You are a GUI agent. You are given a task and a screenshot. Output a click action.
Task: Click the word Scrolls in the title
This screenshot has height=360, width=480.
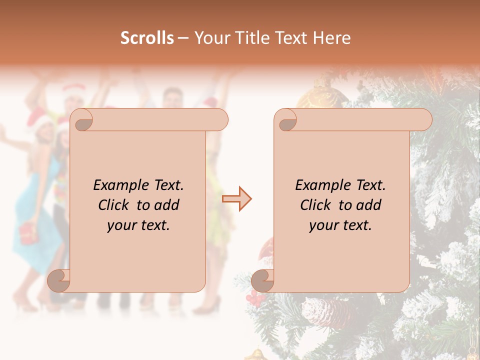pos(147,38)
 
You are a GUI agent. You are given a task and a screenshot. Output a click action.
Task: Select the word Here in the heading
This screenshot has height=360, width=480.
pos(331,38)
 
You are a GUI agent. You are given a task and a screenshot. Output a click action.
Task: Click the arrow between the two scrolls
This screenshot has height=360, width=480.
pos(237,198)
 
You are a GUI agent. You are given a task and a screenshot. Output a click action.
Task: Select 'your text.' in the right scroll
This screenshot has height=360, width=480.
pos(340,225)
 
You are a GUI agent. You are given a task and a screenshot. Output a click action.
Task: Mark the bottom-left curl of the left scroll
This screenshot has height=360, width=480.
pos(59,280)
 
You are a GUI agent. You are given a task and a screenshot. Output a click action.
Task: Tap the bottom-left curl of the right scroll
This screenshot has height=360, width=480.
pos(263,280)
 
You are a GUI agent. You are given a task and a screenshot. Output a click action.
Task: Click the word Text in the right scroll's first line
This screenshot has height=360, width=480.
pos(370,185)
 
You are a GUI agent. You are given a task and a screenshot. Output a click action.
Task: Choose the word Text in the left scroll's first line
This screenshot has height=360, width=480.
pos(168,185)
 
